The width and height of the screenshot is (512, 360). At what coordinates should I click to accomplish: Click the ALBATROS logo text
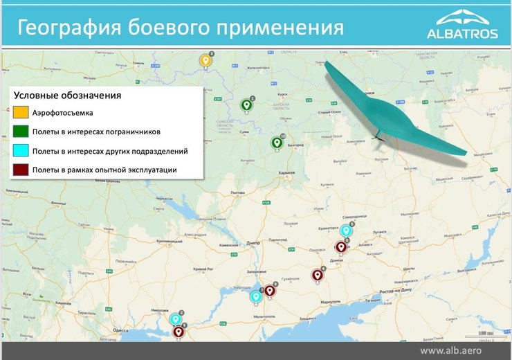[x=462, y=33]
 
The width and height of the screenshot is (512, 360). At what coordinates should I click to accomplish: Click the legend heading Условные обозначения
[x=68, y=95]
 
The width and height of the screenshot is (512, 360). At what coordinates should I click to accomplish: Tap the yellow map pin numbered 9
[x=205, y=61]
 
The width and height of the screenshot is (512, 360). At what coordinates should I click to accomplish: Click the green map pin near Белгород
[x=277, y=143]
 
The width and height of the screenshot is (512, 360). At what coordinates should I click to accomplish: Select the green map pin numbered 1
[x=246, y=105]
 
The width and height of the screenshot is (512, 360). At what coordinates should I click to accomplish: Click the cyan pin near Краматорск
[x=346, y=231]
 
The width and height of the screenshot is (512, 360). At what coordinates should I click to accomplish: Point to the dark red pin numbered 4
[x=318, y=274]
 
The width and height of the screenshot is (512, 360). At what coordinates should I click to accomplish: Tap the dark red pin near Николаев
[x=179, y=332]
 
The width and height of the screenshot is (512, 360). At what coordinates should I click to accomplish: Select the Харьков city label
[x=285, y=172]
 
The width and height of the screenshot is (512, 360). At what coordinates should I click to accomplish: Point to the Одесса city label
[x=121, y=331]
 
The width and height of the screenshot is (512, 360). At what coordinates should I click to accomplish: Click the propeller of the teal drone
[x=378, y=136]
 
